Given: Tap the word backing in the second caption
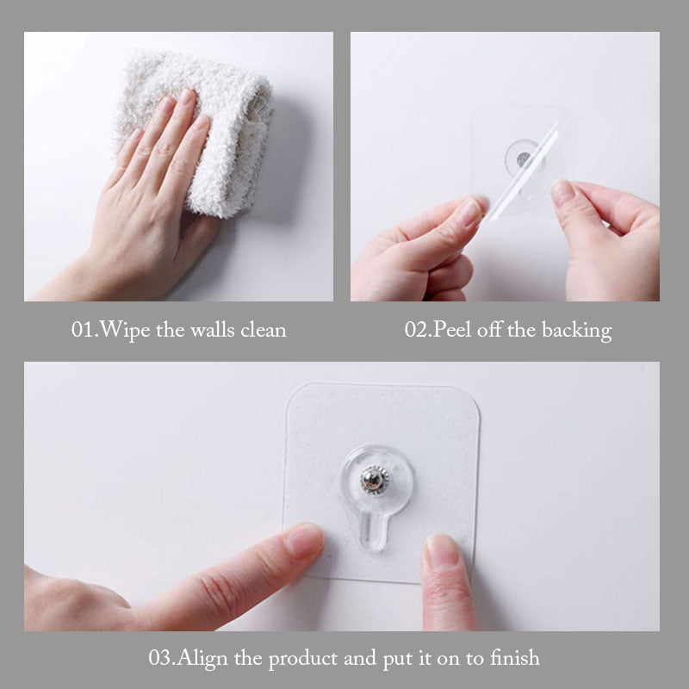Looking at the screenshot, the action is (576, 331).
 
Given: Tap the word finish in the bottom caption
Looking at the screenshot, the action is (514, 658).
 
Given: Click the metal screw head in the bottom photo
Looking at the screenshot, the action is (375, 480).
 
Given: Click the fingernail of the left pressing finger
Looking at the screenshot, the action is (304, 540).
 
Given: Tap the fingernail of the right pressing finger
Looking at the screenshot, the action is (441, 549).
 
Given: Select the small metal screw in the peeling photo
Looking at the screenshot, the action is (523, 158).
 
